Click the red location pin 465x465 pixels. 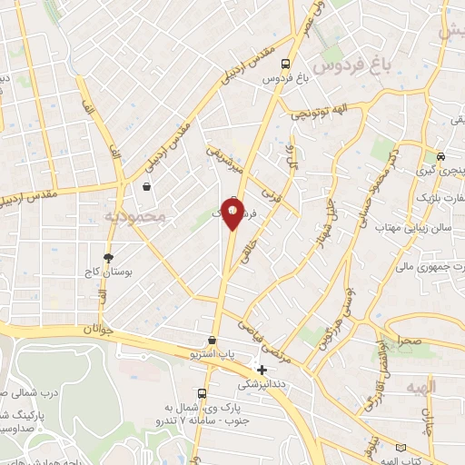pyautogui.click(x=232, y=214)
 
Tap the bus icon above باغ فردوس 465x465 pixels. pyautogui.click(x=286, y=64)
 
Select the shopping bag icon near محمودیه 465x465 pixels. pyautogui.click(x=146, y=187)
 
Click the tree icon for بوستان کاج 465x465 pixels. pyautogui.click(x=109, y=258)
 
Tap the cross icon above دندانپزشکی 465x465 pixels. pyautogui.click(x=262, y=370)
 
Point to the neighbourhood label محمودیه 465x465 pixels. pyautogui.click(x=135, y=217)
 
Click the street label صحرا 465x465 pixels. pyautogui.click(x=406, y=340)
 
